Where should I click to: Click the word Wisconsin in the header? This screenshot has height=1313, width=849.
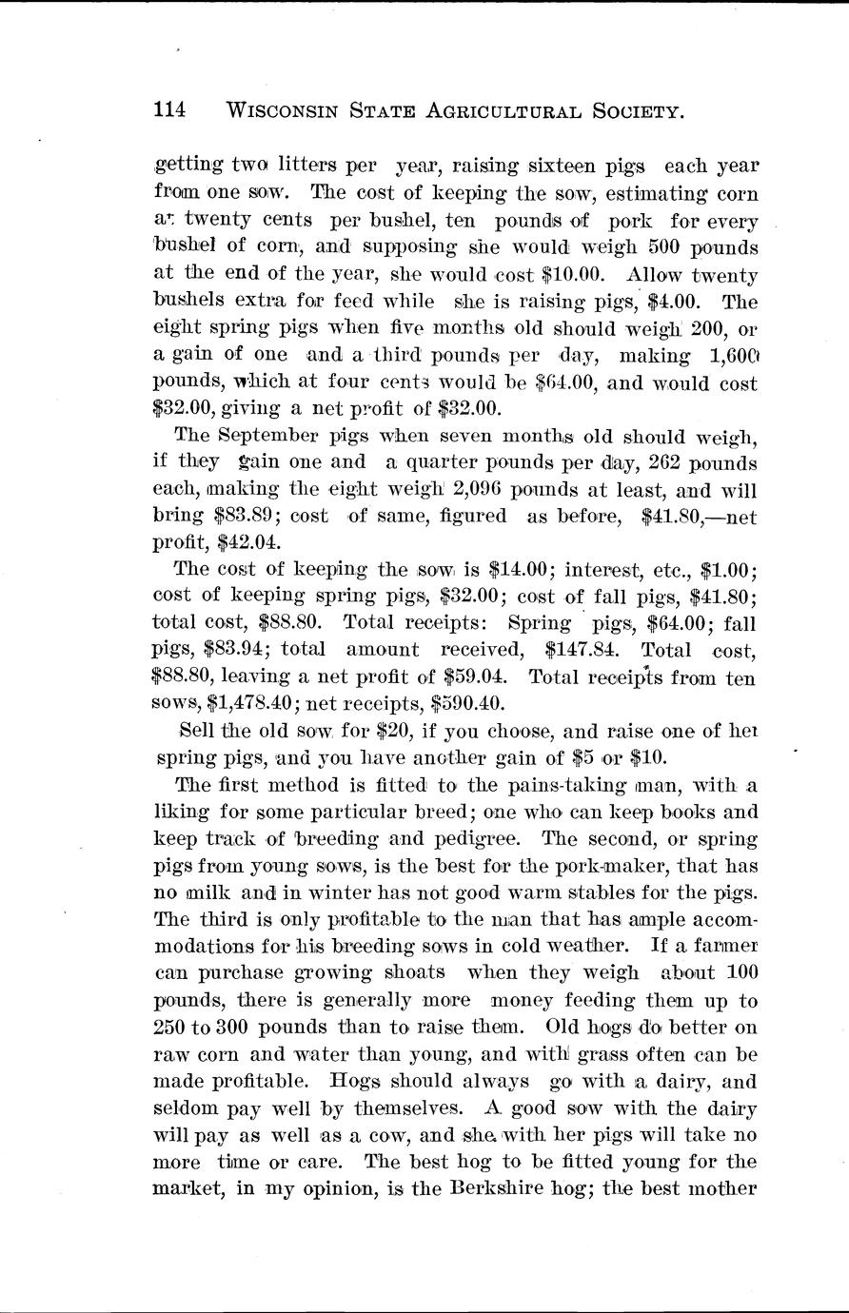pos(288,111)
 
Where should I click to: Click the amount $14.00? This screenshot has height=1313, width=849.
pos(521,571)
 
